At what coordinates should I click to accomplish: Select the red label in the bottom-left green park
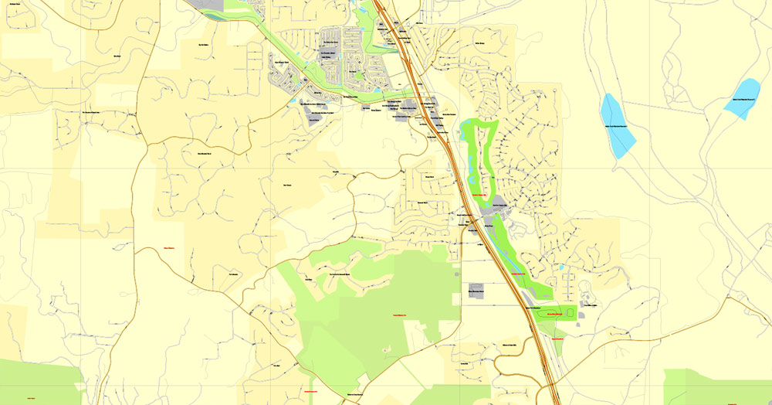tap(31, 397)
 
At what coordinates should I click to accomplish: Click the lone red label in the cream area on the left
tap(169, 248)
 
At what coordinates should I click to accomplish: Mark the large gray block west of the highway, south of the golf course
tap(476, 291)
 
